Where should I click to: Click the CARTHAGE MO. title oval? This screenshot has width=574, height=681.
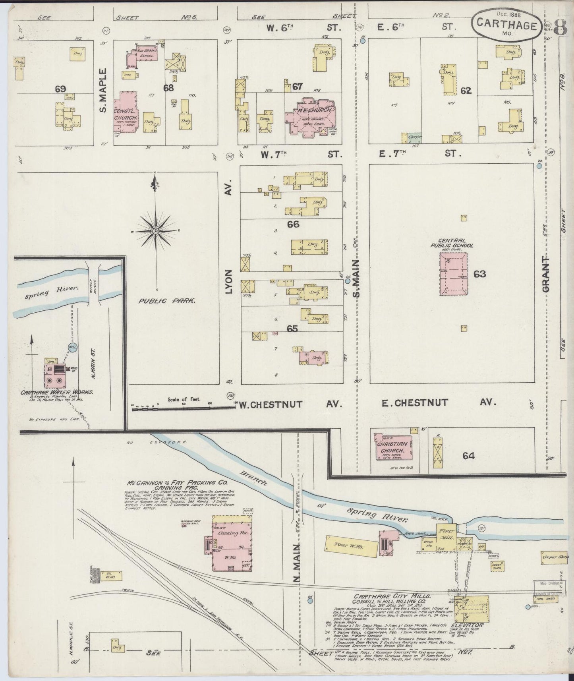(506, 25)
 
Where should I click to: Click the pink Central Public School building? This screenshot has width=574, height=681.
(453, 274)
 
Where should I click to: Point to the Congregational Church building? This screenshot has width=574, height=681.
(126, 113)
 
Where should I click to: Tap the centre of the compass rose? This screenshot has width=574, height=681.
(156, 231)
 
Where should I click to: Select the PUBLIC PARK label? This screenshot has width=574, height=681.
(166, 301)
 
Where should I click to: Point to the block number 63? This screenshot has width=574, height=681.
(479, 274)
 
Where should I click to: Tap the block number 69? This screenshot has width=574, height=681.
(60, 89)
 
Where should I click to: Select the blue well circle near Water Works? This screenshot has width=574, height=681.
(73, 347)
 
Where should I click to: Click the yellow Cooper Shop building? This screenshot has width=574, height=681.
(553, 557)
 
